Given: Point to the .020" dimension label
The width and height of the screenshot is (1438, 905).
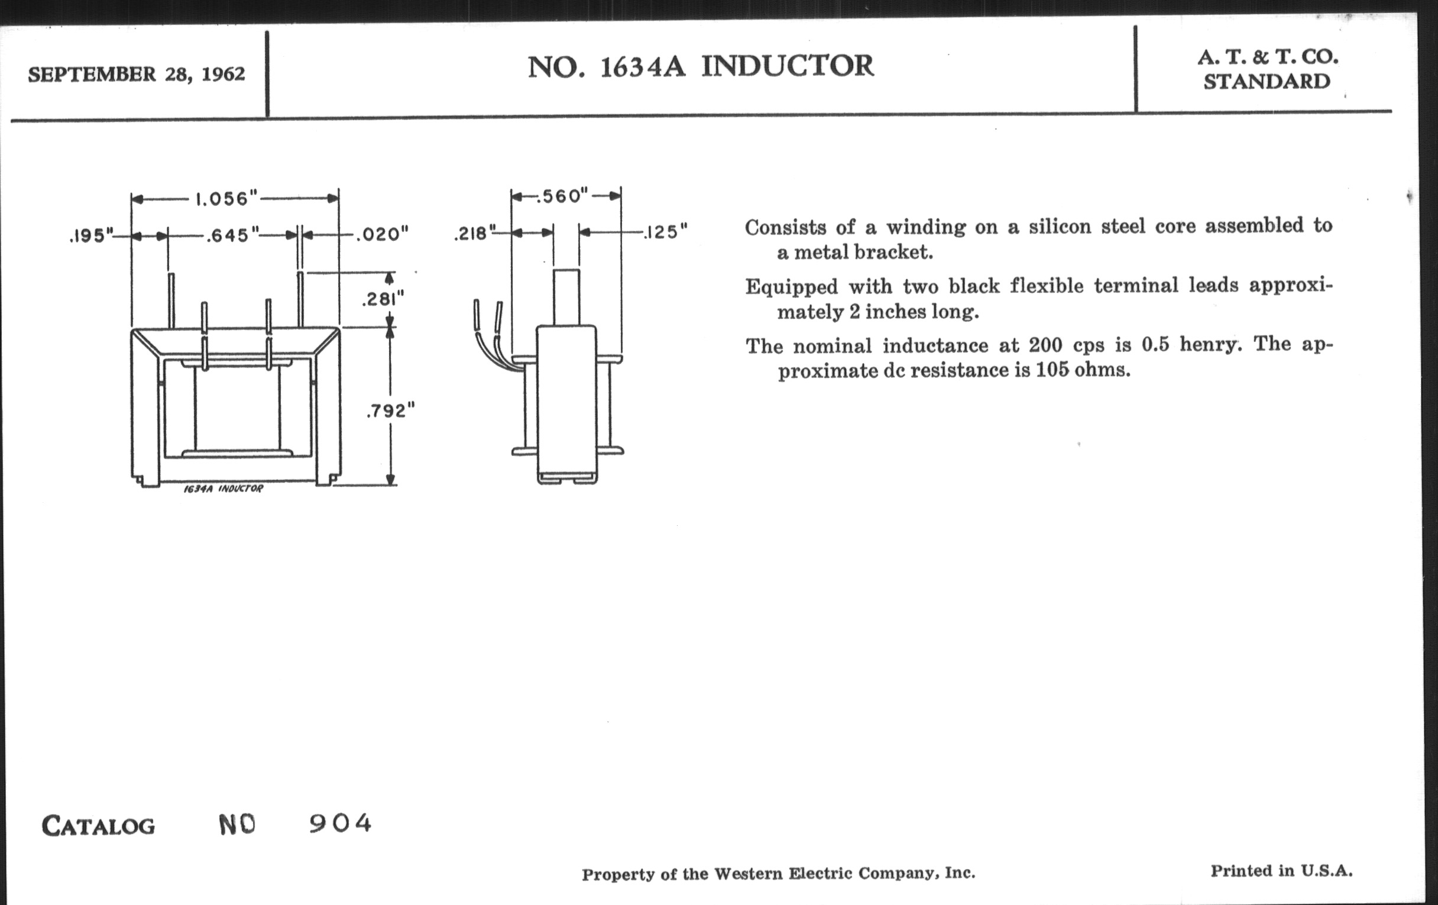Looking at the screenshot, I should [382, 234].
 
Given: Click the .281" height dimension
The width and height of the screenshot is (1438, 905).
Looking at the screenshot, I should [383, 299].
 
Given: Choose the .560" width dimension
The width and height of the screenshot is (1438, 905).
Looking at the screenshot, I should [562, 196].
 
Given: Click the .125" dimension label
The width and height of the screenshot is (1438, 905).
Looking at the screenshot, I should [665, 232].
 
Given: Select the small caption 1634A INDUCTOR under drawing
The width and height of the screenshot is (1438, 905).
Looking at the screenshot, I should [224, 489].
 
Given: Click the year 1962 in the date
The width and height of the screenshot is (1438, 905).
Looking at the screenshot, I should [224, 74].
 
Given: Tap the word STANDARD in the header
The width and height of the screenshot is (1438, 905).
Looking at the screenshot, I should [1267, 82].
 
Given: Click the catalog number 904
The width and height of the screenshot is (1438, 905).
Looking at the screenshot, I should [341, 824].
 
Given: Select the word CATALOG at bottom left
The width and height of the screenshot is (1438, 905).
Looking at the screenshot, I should [99, 826].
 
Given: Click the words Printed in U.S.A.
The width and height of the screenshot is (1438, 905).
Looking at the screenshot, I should [1281, 871].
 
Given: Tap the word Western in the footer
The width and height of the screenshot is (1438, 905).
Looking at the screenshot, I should [748, 874].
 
